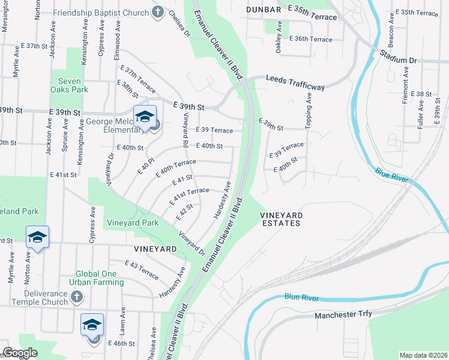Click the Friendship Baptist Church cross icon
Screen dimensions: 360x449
[x=158, y=13]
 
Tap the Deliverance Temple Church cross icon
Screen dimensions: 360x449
[x=76, y=297]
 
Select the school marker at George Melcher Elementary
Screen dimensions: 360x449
[x=145, y=116]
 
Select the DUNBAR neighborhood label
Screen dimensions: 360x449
[x=264, y=10]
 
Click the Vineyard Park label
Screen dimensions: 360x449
[x=133, y=223]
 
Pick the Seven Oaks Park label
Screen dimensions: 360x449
[x=73, y=85]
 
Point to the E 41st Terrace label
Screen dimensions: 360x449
[x=191, y=194]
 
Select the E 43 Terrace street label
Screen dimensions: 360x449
[x=142, y=269]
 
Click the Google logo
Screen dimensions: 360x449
[x=20, y=353]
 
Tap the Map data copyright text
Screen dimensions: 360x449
[x=424, y=355]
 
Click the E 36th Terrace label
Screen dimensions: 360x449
[x=310, y=39]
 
